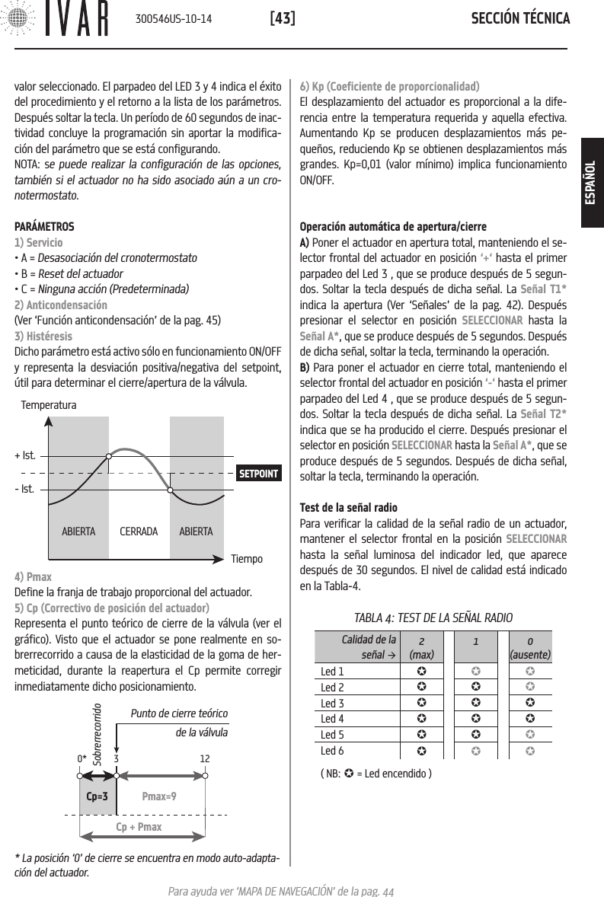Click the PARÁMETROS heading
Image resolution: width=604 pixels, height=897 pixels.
coord(45,227)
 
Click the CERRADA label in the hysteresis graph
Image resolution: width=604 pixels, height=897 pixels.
coord(139,531)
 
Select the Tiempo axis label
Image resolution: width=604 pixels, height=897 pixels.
coord(247,559)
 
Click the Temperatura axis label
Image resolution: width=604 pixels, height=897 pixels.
coord(49,406)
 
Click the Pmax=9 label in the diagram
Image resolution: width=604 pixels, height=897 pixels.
coord(159,796)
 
